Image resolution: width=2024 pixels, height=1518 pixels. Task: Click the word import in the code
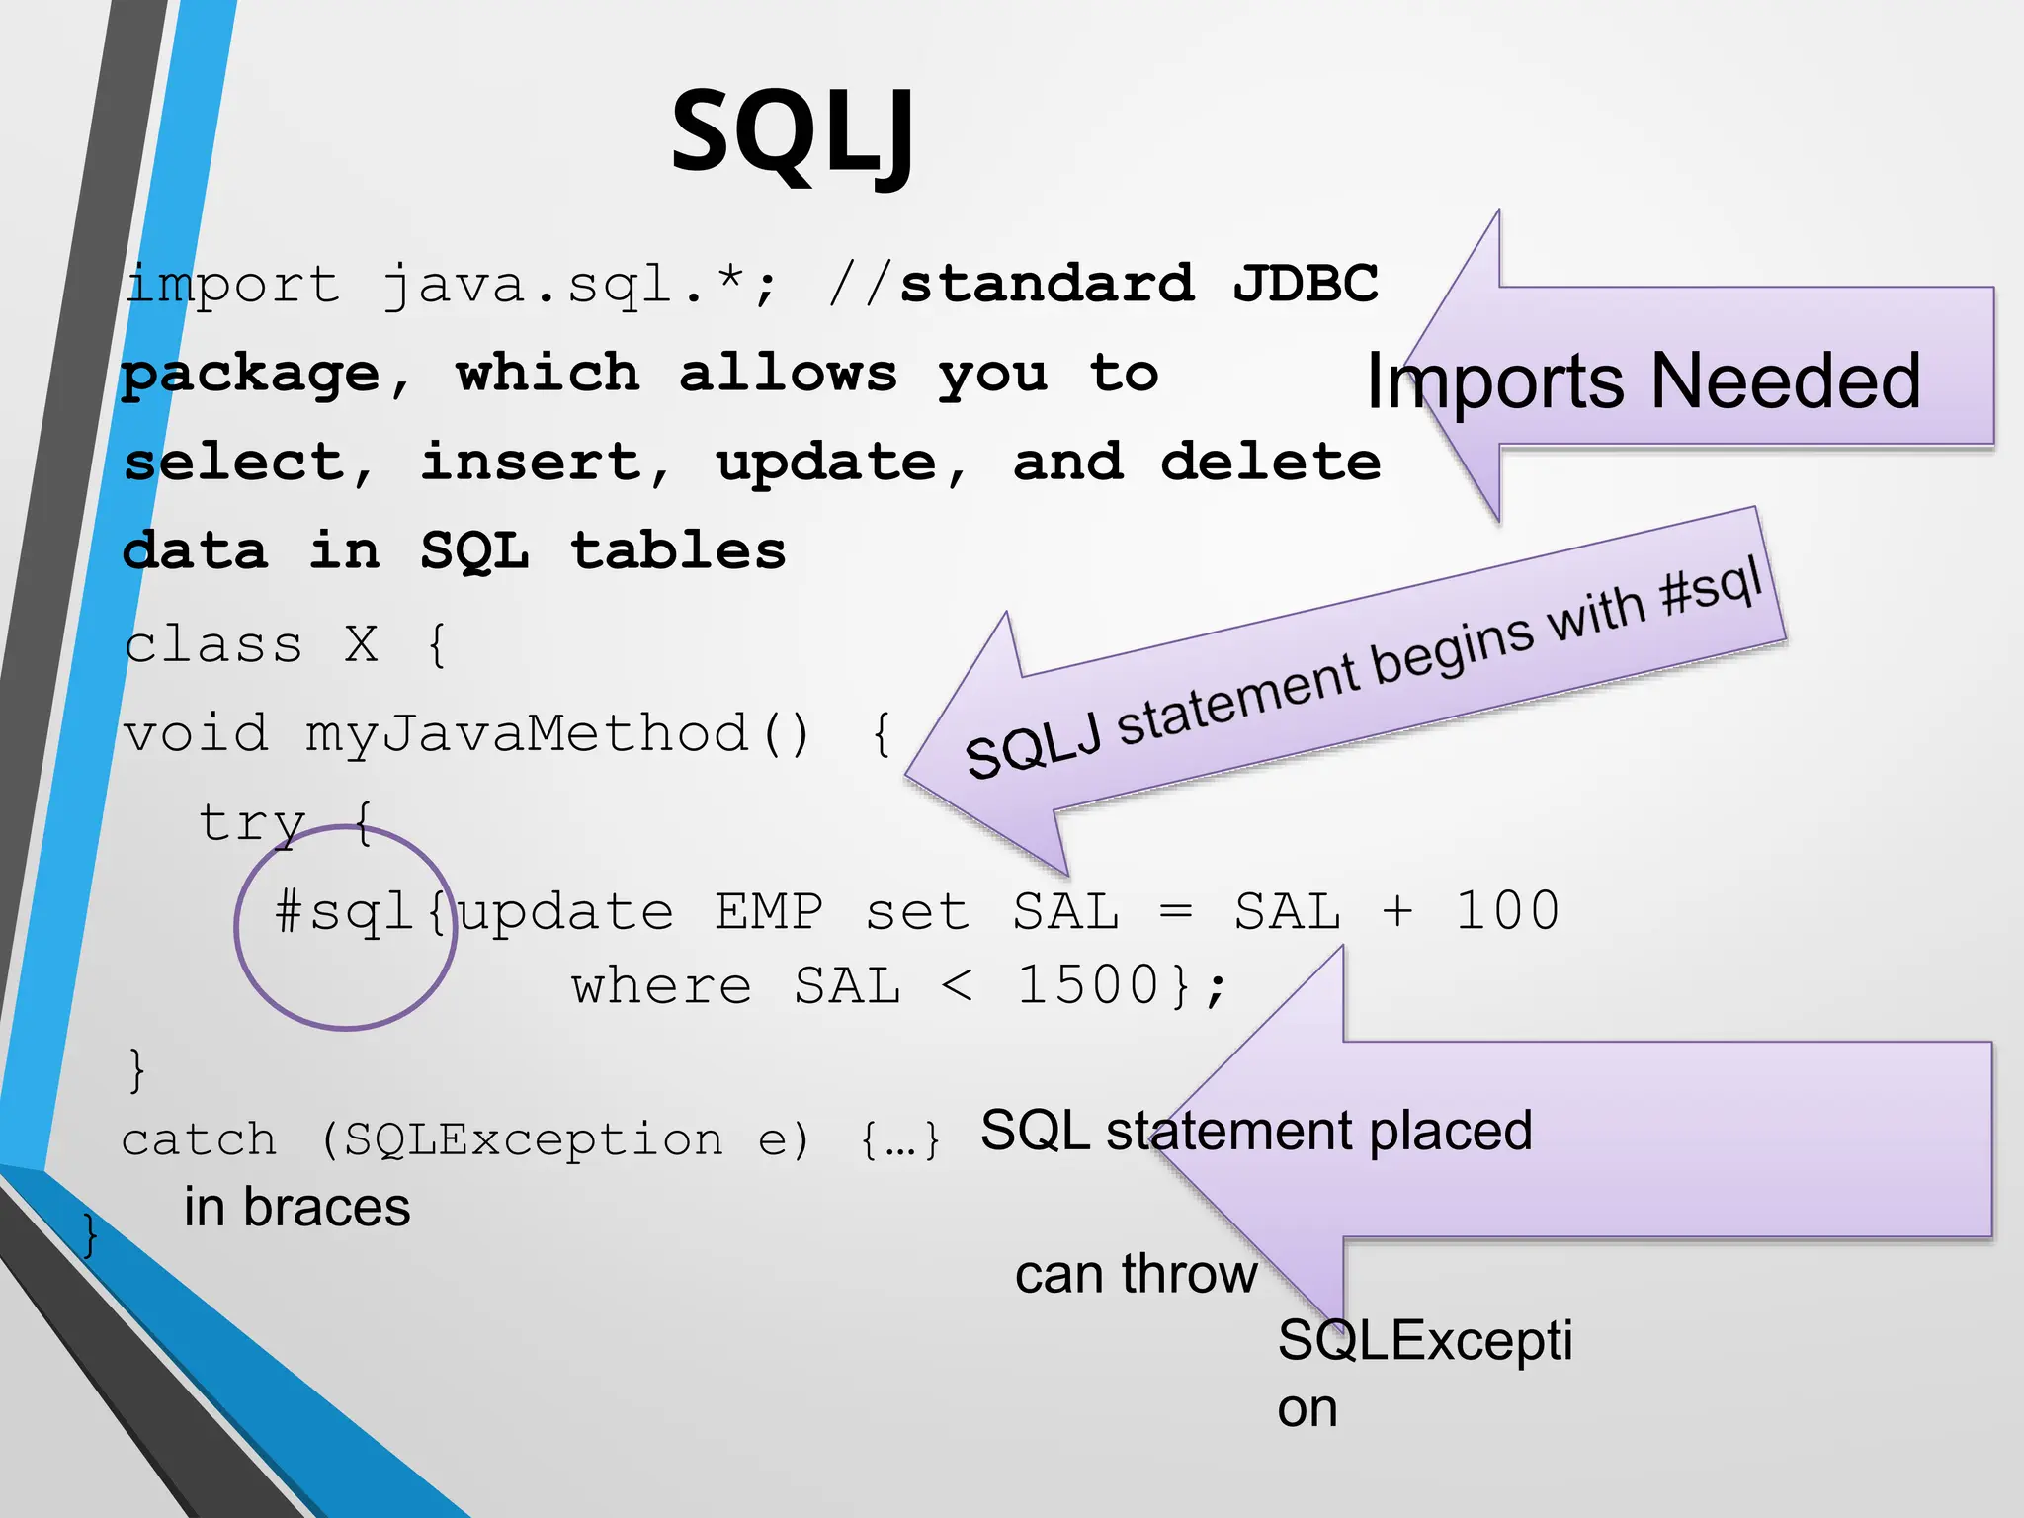(233, 285)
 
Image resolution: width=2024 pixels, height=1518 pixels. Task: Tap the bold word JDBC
(1305, 284)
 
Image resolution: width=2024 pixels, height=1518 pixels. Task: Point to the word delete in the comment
(1270, 463)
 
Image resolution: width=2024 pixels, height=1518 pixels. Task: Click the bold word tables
(678, 550)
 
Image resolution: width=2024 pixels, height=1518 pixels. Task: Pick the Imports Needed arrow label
(1643, 381)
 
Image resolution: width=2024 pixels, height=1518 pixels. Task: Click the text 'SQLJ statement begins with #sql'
(1364, 667)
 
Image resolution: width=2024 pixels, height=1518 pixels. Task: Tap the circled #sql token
(343, 911)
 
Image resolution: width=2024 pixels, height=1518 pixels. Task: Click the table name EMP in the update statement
(769, 911)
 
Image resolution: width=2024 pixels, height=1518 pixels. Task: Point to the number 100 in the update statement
(1507, 911)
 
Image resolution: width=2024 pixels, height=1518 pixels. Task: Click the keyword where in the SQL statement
(661, 986)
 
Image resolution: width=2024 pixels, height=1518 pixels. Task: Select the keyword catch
(199, 1140)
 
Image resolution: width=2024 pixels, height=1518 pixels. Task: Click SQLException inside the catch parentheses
(534, 1140)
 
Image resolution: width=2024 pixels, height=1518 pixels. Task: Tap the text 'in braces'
(296, 1208)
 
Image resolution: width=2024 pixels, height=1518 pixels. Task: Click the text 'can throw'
(1136, 1274)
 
